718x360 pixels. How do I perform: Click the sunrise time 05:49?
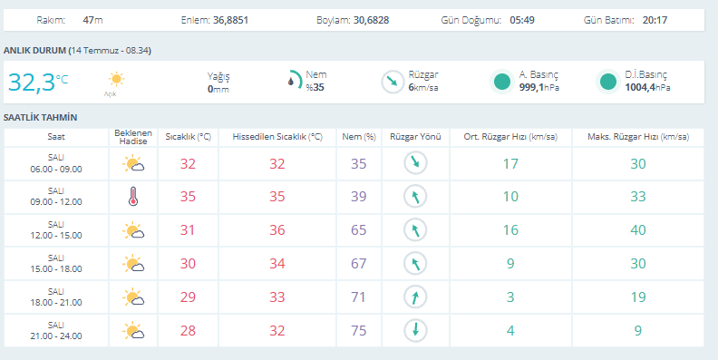(x=522, y=20)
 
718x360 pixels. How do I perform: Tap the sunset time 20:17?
(x=655, y=20)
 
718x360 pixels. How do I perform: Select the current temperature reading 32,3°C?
(x=38, y=83)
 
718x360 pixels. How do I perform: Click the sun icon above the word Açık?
(x=116, y=79)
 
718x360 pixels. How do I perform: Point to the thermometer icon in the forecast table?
(x=133, y=197)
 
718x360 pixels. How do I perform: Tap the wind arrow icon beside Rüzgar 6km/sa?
(x=393, y=82)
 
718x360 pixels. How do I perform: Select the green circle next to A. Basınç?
(x=502, y=82)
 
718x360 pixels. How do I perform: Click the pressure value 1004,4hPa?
(x=647, y=87)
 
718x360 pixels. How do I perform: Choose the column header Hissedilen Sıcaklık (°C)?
(x=277, y=137)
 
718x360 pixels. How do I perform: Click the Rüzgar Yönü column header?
(x=415, y=137)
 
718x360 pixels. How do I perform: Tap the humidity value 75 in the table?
(x=358, y=330)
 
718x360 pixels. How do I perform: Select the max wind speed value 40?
(x=638, y=230)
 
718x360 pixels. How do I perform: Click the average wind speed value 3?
(x=510, y=297)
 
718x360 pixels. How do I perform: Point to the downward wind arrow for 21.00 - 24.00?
(x=415, y=330)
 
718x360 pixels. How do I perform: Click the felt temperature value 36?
(x=277, y=230)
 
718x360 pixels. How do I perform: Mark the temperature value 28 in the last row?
(x=188, y=330)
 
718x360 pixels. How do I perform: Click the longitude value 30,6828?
(x=372, y=20)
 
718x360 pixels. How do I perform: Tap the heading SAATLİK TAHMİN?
(x=40, y=117)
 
